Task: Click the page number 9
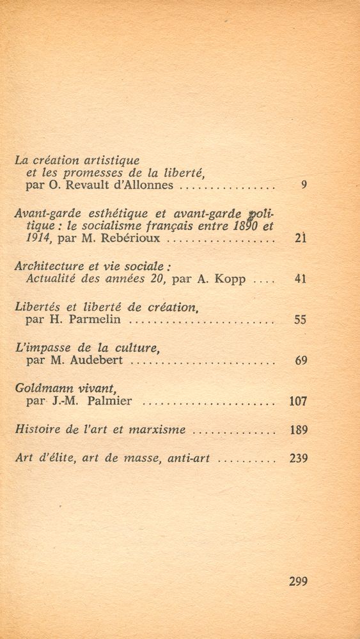(304, 186)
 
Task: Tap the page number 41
(301, 279)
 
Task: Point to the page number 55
(301, 320)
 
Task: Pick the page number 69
(301, 361)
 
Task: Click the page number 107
(298, 402)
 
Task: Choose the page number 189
(299, 430)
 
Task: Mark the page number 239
(298, 459)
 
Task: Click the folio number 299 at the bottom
(298, 581)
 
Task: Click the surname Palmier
(113, 402)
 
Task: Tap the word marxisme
(154, 430)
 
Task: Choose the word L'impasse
(40, 348)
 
